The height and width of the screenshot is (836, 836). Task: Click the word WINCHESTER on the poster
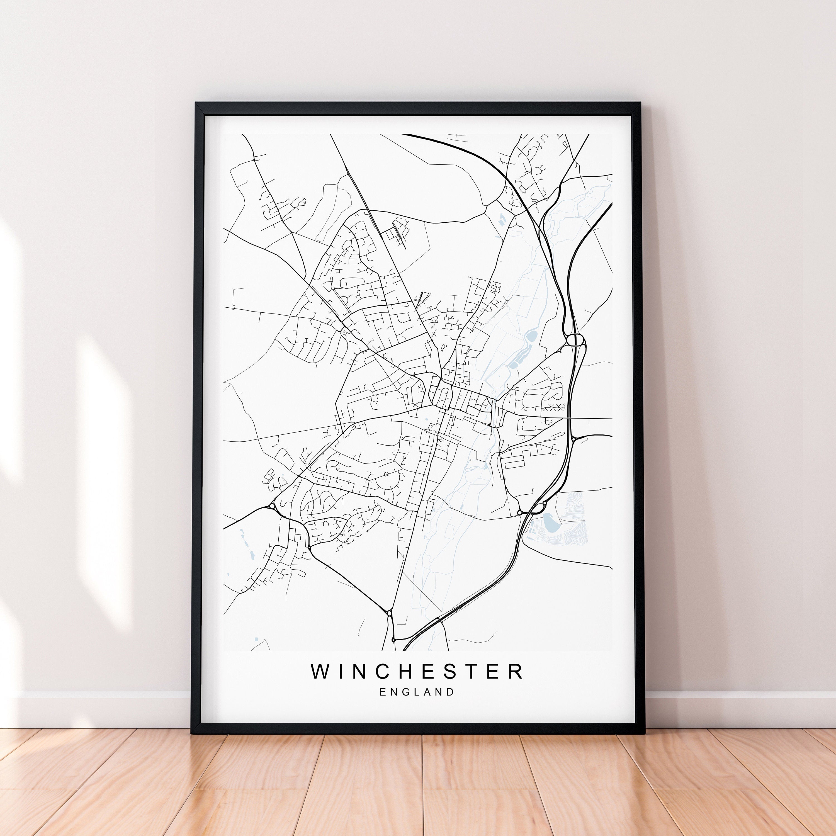[417, 671]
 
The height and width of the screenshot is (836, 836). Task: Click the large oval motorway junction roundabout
[575, 340]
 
